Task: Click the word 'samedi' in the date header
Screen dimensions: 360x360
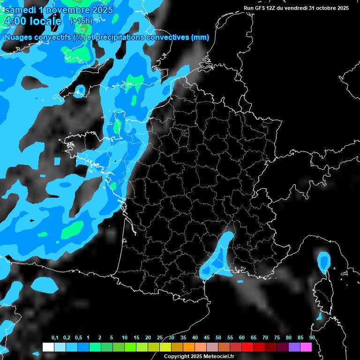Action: pos(20,9)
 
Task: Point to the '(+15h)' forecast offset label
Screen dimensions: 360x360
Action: pos(81,21)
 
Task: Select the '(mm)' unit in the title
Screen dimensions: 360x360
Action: pos(200,37)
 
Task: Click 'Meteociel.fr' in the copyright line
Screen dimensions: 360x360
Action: pos(218,357)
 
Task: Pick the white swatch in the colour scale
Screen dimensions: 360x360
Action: pos(48,347)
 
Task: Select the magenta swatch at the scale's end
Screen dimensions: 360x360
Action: pos(306,347)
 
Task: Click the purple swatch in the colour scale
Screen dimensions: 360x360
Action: pos(294,347)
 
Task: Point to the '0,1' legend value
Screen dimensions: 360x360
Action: pos(55,338)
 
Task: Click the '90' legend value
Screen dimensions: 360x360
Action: pos(312,338)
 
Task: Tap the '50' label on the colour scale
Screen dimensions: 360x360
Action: pos(218,338)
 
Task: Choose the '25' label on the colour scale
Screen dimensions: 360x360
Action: pos(160,338)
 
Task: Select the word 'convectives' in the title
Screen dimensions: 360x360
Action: pos(167,37)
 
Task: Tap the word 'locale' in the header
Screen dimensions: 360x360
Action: pos(45,21)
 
